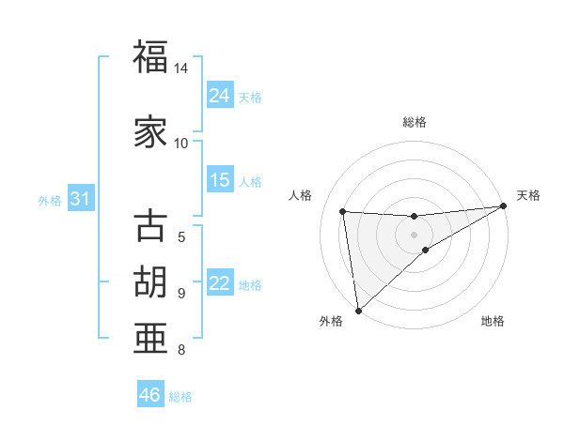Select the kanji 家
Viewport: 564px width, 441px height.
pos(150,132)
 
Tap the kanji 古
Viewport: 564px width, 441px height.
pos(150,226)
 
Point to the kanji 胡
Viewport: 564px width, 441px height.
pos(150,281)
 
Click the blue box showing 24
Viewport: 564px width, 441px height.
pos(220,95)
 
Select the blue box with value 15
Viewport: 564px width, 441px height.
pos(220,180)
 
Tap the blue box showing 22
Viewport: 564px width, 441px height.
pos(220,283)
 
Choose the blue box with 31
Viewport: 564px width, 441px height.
pos(81,199)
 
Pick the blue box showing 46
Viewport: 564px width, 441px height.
pos(150,395)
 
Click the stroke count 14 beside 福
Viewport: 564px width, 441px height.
pos(181,68)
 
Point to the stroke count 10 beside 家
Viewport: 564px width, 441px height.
pos(181,143)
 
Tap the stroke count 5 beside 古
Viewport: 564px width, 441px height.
pos(181,237)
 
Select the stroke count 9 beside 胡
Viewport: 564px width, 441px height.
pos(181,293)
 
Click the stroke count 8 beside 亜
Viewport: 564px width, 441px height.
pos(181,350)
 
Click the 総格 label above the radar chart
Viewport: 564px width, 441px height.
pos(415,122)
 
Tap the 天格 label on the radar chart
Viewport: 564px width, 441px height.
pos(528,195)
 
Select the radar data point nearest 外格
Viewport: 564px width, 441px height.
pos(357,310)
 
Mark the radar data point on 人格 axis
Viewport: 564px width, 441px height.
pos(343,211)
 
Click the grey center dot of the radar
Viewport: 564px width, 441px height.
pos(415,233)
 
